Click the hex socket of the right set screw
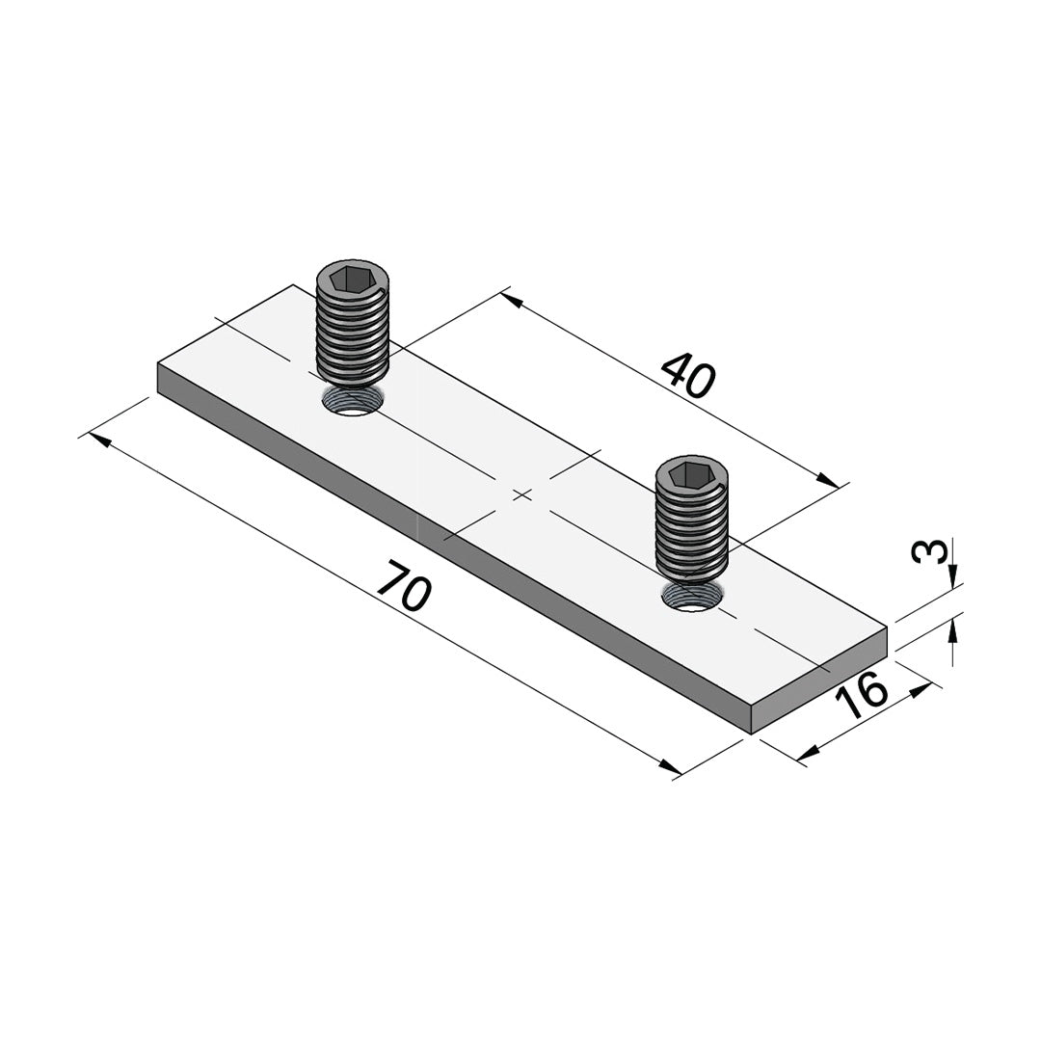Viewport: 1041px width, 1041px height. (x=690, y=475)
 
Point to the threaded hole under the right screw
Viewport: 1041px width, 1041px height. (x=690, y=597)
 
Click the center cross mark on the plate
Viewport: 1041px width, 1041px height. (x=522, y=494)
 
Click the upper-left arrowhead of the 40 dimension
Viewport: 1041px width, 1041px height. (x=513, y=301)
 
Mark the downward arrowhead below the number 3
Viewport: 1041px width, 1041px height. (x=952, y=576)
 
